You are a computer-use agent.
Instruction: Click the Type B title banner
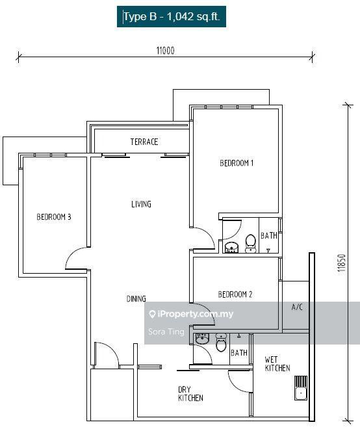click(172, 17)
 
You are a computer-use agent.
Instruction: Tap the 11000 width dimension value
click(166, 51)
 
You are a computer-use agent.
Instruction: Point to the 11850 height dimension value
click(342, 263)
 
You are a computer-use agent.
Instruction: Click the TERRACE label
click(144, 142)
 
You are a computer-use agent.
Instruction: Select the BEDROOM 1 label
click(237, 163)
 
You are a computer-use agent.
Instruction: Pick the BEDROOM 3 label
click(54, 217)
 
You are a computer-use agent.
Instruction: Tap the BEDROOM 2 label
click(235, 294)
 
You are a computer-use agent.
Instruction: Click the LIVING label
click(141, 204)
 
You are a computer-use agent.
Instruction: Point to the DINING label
click(136, 299)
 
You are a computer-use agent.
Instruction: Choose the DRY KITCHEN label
click(190, 393)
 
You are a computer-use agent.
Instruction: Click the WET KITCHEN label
click(277, 363)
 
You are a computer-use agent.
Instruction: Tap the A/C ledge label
click(297, 307)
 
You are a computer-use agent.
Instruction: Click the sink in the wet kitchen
click(301, 388)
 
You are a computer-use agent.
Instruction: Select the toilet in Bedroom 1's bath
click(250, 244)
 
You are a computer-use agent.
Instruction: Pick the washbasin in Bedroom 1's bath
click(231, 248)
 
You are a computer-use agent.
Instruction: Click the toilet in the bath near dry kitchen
click(221, 343)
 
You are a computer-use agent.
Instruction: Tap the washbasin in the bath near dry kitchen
click(202, 339)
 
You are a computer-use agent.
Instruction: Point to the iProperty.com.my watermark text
click(191, 314)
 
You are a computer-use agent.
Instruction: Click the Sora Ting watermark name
click(166, 332)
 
